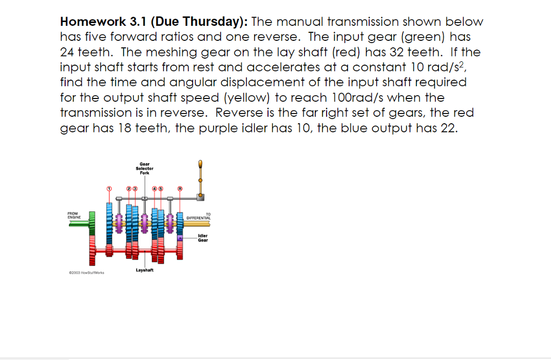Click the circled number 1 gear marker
(x=109, y=189)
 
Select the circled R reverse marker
(x=180, y=189)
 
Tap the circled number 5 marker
(x=161, y=189)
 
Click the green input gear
(x=92, y=223)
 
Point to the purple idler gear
(x=180, y=238)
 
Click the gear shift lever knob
(x=200, y=164)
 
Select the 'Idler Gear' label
(x=203, y=238)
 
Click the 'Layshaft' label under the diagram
(x=145, y=270)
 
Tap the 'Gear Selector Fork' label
(x=145, y=168)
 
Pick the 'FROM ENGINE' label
(x=74, y=215)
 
